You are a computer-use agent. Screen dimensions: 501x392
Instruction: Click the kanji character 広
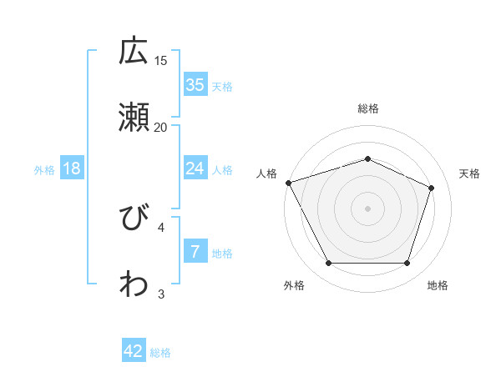[x=134, y=52]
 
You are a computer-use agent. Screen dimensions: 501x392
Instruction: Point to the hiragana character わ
[x=134, y=284]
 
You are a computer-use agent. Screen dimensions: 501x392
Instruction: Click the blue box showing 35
[x=195, y=85]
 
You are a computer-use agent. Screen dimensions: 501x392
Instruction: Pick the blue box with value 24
[x=195, y=168]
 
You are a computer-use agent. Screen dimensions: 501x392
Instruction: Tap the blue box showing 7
[x=195, y=252]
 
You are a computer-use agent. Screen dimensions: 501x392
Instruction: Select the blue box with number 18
[x=72, y=168]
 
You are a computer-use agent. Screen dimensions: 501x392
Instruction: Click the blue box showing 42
[x=134, y=351]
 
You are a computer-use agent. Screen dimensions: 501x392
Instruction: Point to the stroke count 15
[x=161, y=60]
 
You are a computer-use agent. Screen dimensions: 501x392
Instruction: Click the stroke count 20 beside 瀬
[x=161, y=127]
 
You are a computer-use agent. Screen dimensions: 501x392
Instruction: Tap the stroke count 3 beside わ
[x=161, y=294]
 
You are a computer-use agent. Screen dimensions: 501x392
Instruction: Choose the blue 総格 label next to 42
[x=160, y=353]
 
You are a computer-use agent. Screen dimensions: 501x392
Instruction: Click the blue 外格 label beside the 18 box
[x=44, y=169]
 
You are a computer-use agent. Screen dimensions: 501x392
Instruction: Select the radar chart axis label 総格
[x=367, y=108]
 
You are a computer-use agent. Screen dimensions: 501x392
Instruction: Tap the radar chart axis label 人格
[x=267, y=173]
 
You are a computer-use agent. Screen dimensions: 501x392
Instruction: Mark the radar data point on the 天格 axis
[x=432, y=188]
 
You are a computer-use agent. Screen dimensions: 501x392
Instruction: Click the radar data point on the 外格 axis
[x=328, y=264]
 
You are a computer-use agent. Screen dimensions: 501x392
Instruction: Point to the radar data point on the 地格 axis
[x=407, y=264]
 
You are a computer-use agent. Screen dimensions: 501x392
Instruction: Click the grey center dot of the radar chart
[x=367, y=208]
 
